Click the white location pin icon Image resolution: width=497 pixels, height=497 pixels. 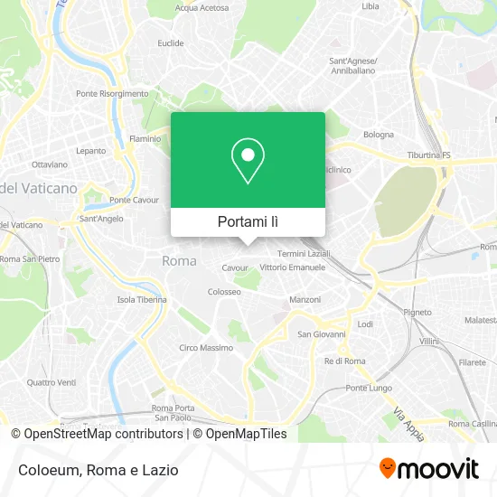click(248, 161)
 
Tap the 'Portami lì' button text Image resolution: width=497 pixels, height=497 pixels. click(248, 221)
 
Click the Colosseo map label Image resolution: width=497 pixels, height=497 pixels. click(224, 292)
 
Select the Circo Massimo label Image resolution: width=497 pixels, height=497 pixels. click(206, 348)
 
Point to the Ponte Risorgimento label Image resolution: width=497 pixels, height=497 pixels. click(112, 94)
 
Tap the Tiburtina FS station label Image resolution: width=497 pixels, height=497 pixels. click(429, 155)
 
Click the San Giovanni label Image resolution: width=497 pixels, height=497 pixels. click(317, 333)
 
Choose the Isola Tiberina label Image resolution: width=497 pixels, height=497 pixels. click(142, 300)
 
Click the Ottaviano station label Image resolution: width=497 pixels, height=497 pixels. click(50, 164)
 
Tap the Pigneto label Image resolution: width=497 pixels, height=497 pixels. click(417, 312)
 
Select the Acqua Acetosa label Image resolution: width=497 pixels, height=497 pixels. click(202, 7)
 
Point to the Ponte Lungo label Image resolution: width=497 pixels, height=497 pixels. click(369, 388)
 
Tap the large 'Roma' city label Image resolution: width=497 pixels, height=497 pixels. click(178, 261)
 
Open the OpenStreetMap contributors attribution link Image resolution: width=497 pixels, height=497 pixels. click(98, 434)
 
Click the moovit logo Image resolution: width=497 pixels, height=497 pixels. click(428, 469)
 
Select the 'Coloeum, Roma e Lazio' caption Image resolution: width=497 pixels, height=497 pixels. click(95, 470)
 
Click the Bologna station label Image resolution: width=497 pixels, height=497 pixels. click(379, 135)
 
